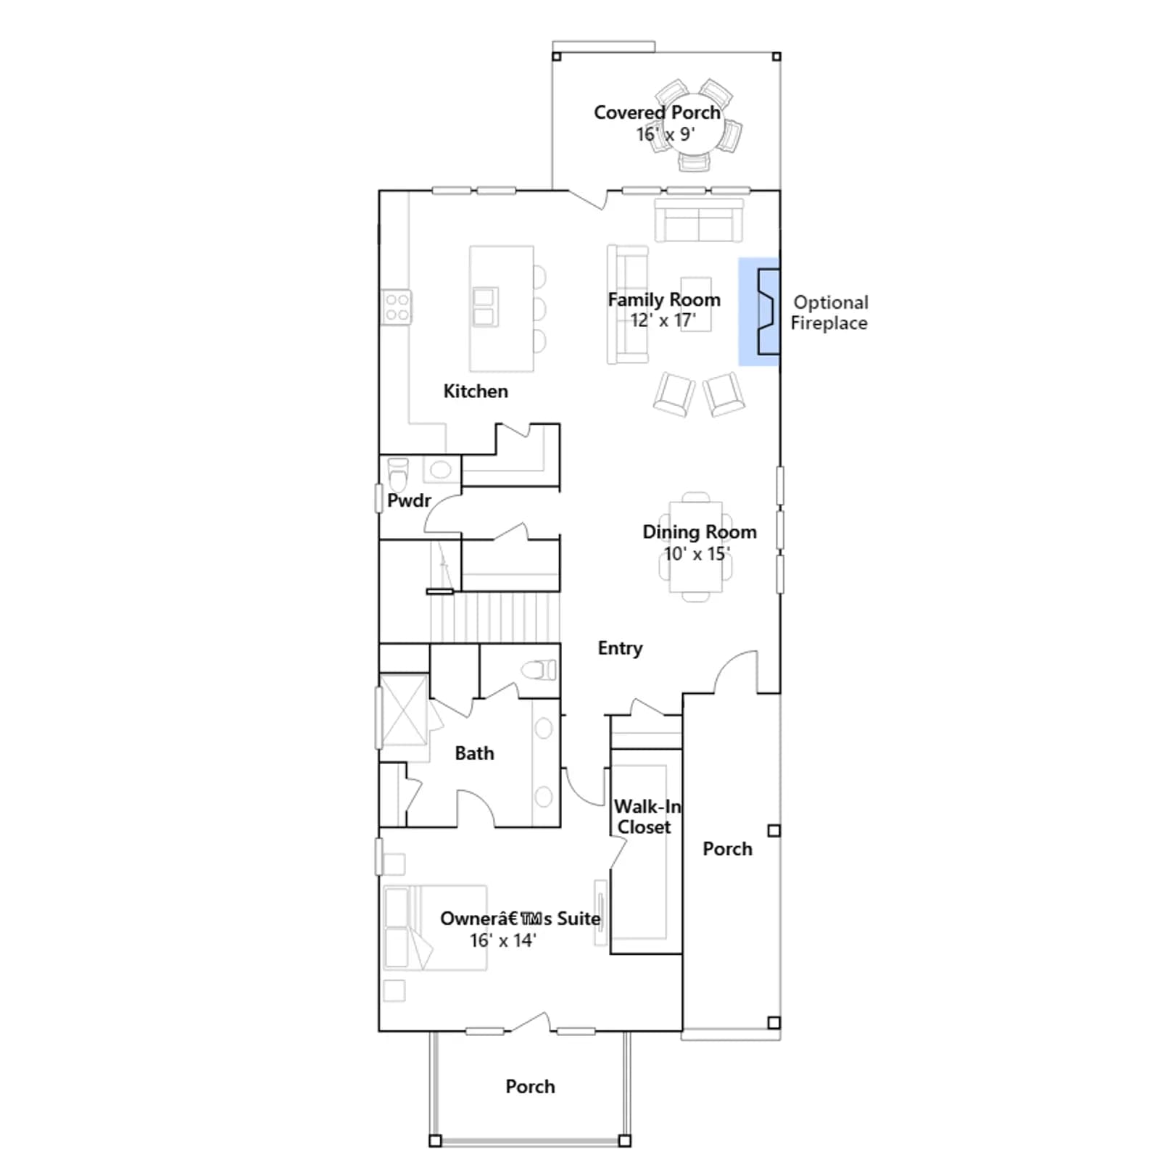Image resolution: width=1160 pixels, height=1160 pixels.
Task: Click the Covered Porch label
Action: pyautogui.click(x=657, y=112)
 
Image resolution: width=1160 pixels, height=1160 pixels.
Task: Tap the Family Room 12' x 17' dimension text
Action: pyautogui.click(x=663, y=320)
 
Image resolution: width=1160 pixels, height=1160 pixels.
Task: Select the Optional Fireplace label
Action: pyautogui.click(x=829, y=312)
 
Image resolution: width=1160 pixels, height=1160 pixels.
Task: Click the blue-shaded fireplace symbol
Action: pyautogui.click(x=759, y=312)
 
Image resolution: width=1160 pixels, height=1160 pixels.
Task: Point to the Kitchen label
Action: pyautogui.click(x=476, y=391)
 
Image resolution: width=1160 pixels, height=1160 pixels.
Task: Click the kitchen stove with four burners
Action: pyautogui.click(x=397, y=307)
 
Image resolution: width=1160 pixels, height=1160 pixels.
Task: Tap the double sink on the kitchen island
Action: pyautogui.click(x=484, y=307)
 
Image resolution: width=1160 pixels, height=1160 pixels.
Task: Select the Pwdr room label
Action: pyautogui.click(x=409, y=501)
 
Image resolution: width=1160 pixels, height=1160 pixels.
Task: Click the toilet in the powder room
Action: pyautogui.click(x=398, y=473)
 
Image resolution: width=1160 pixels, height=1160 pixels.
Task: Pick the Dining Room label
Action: pyautogui.click(x=700, y=532)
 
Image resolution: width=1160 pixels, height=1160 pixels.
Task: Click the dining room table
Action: pyautogui.click(x=696, y=547)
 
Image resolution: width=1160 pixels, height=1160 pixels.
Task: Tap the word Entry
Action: pyautogui.click(x=620, y=648)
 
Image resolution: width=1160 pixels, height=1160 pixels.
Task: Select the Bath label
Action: pyautogui.click(x=475, y=753)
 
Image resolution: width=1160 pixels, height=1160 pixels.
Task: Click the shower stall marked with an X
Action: pyautogui.click(x=405, y=710)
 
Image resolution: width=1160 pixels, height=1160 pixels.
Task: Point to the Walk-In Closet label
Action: pyautogui.click(x=647, y=817)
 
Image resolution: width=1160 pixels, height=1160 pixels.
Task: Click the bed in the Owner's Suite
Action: pyautogui.click(x=434, y=927)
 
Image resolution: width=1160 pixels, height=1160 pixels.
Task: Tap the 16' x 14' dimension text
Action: pyautogui.click(x=502, y=940)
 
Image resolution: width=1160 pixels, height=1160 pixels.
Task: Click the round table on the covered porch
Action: pyautogui.click(x=694, y=127)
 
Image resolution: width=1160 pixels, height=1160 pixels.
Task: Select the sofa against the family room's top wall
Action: pyautogui.click(x=699, y=220)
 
